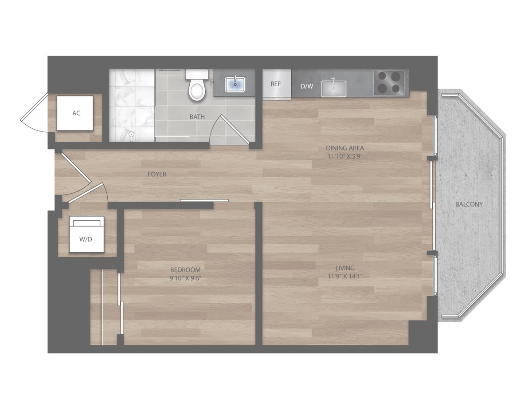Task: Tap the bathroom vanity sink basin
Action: pos(235,84)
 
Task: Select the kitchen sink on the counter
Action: pos(333,88)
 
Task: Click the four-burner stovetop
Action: pos(389,83)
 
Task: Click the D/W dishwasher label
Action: pos(307,86)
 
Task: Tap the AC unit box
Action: pos(75,113)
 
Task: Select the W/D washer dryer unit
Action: pos(86,234)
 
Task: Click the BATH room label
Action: pos(197,117)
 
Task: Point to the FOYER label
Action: pos(157,174)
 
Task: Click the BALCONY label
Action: pos(469,204)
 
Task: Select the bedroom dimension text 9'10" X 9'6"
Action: pos(185,278)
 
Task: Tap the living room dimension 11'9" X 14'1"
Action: pos(345,277)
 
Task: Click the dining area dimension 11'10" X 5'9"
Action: pos(345,156)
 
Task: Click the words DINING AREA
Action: pos(345,148)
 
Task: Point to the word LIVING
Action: pos(345,268)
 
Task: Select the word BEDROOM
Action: pos(185,270)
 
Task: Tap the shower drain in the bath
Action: pos(132,135)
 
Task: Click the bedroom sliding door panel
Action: pos(204,201)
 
